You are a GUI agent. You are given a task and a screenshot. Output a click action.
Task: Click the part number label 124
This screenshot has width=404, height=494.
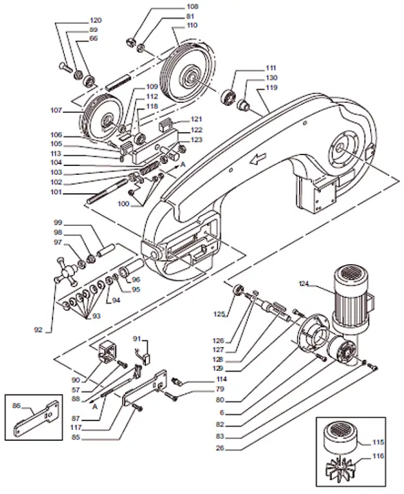(x=305, y=284)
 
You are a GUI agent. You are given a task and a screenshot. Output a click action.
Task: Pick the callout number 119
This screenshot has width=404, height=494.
(x=272, y=88)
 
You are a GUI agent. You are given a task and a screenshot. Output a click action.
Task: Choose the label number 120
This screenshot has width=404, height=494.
(x=95, y=20)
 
